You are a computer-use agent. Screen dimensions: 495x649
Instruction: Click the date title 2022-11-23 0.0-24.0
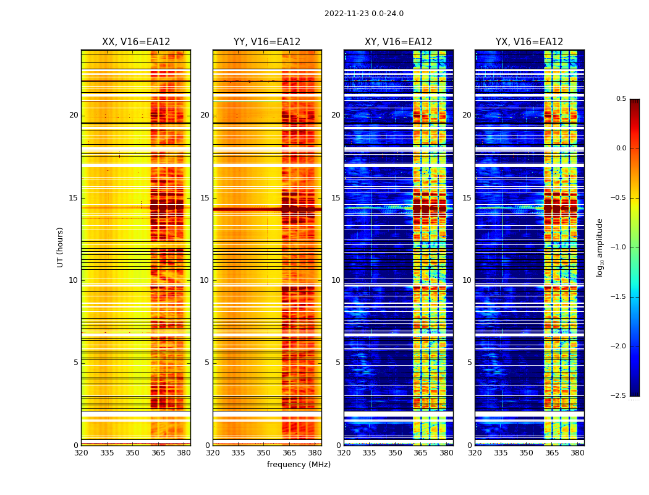pos(363,14)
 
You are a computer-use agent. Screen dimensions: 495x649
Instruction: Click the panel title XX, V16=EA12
pos(136,42)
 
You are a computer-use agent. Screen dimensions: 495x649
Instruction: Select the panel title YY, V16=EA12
pos(267,42)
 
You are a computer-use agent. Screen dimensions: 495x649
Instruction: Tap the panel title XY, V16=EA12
pos(398,42)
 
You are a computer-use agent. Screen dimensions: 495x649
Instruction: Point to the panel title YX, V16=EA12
pos(529,42)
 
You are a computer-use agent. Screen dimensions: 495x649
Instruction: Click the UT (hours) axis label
pos(60,247)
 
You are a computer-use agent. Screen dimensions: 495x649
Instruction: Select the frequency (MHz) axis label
pos(299,465)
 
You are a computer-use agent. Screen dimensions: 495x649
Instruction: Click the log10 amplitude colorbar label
pos(600,247)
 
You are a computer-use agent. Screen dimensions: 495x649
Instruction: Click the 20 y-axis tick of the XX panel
pos(74,115)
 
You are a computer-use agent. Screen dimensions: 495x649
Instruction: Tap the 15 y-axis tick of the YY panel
pos(205,198)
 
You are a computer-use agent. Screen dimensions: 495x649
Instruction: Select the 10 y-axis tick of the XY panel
pos(336,280)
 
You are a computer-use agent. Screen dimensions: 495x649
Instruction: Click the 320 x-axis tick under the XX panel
pos(81,453)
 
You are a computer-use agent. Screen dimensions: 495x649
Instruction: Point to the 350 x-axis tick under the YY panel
pos(263,453)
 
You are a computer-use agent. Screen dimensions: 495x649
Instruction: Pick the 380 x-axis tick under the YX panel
pos(577,453)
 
